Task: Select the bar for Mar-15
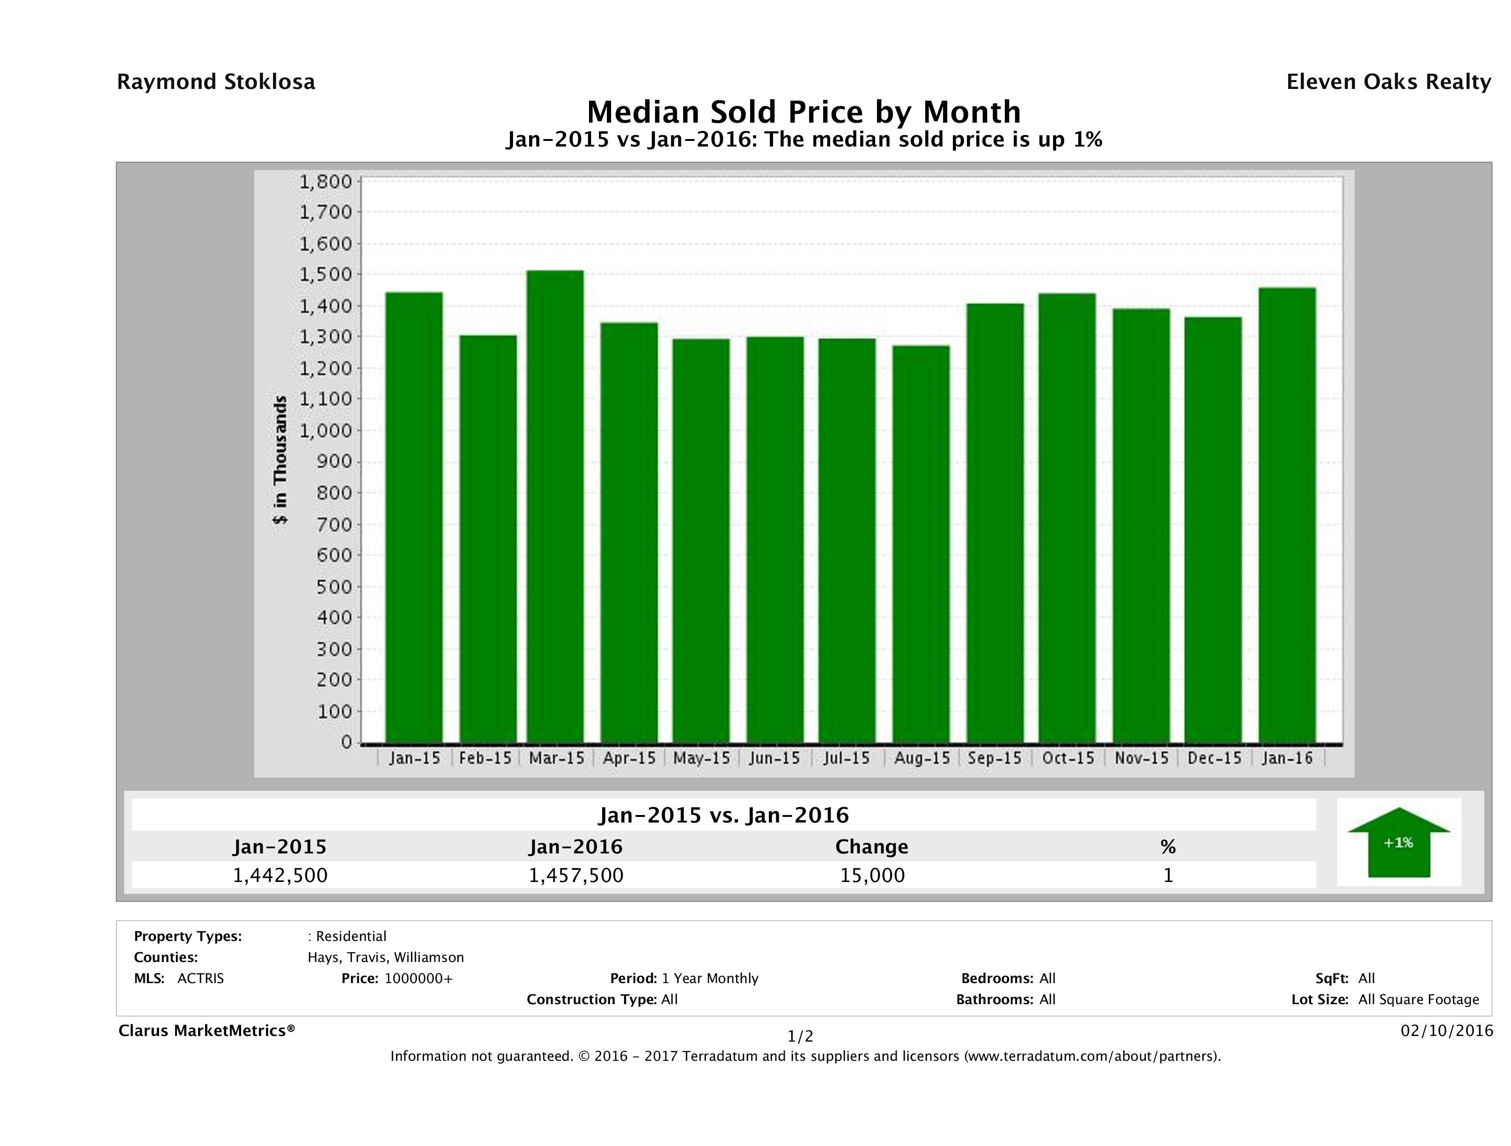[x=555, y=506]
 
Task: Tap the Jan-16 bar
[x=1287, y=515]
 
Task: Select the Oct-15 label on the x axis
[x=1068, y=758]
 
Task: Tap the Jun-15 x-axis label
[x=774, y=758]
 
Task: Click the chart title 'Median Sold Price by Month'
[x=804, y=111]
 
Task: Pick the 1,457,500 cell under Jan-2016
[x=576, y=875]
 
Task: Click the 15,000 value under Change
[x=872, y=875]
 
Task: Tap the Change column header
[x=872, y=847]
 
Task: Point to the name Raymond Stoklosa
[x=216, y=82]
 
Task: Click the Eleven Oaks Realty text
[x=1388, y=82]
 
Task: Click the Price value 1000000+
[x=418, y=978]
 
